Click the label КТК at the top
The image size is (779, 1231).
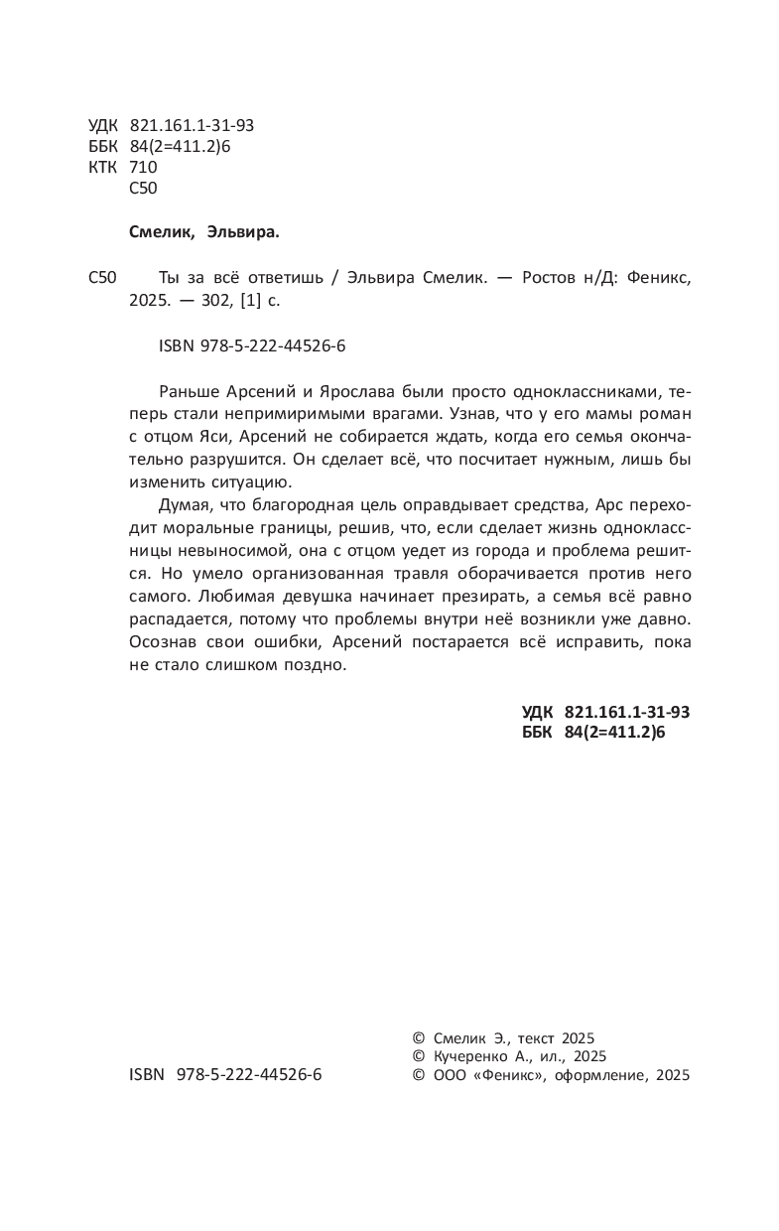coord(102,167)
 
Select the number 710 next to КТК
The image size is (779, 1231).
coord(144,167)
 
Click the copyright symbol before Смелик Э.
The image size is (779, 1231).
coord(417,1037)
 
